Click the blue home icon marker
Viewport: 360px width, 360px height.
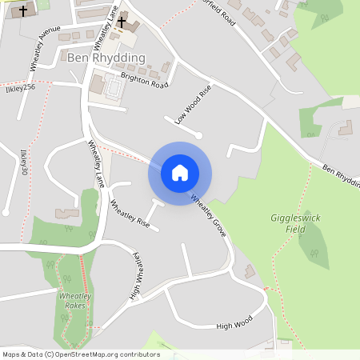(180, 173)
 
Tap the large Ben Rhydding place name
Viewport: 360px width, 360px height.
(106, 58)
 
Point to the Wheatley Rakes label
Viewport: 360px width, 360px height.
(75, 301)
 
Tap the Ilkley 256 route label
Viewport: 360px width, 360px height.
(18, 86)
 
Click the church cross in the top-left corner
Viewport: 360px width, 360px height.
(24, 11)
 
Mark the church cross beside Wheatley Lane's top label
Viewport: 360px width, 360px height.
(122, 21)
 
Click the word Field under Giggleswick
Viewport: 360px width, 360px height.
(295, 229)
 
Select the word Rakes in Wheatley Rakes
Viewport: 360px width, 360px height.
(75, 306)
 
